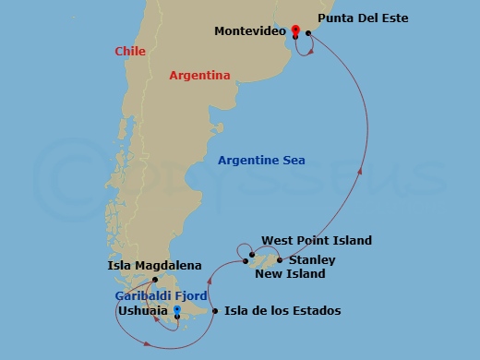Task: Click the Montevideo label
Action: tap(247, 31)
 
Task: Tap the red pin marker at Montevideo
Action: tap(295, 31)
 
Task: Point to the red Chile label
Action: tap(130, 52)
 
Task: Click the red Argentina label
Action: tap(199, 76)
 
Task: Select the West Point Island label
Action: tap(317, 241)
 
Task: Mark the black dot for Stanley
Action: tap(280, 260)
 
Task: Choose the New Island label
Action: tap(290, 274)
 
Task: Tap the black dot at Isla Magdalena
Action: tap(156, 280)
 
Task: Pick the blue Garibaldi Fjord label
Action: tap(162, 295)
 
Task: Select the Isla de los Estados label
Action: tap(282, 311)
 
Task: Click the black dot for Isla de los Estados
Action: tap(216, 311)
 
